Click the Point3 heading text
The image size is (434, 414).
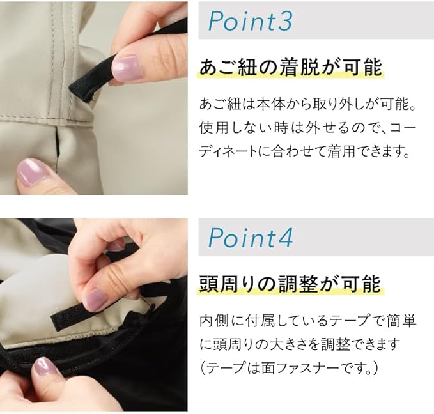point(250,21)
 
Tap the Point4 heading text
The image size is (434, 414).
point(250,238)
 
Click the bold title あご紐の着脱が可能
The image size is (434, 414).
point(291,68)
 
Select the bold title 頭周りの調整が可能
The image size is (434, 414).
point(290,284)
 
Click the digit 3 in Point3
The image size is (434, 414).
point(284,21)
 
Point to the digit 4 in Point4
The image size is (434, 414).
point(284,238)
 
